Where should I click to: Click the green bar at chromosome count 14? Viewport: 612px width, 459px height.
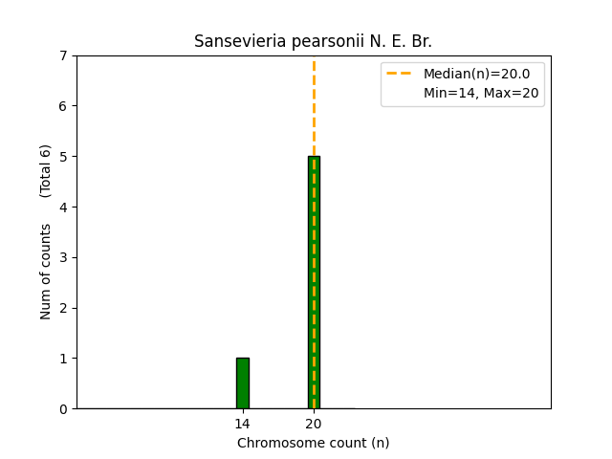(243, 383)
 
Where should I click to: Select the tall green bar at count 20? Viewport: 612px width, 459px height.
(310, 287)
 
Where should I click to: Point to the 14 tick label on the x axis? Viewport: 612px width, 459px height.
(243, 424)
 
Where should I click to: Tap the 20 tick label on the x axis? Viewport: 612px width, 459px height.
(314, 424)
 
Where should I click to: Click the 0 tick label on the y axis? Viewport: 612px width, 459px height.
(63, 409)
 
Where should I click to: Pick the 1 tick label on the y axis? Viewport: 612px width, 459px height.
(63, 359)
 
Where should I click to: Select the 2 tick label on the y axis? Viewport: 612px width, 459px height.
(63, 308)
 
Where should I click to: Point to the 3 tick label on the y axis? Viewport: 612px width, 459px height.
(63, 257)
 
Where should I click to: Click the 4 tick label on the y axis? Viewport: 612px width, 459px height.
(63, 208)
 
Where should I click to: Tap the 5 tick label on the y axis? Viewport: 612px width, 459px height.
(63, 157)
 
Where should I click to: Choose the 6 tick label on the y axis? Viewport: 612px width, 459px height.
(63, 106)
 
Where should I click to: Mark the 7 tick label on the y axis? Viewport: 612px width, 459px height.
(63, 55)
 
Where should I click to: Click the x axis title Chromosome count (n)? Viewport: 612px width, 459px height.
(314, 443)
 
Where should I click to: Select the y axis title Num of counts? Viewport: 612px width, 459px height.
(46, 271)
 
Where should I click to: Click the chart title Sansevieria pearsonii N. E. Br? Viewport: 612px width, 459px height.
(314, 41)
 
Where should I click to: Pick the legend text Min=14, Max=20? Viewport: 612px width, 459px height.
(481, 93)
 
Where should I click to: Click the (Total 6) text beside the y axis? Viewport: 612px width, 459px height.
(46, 170)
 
